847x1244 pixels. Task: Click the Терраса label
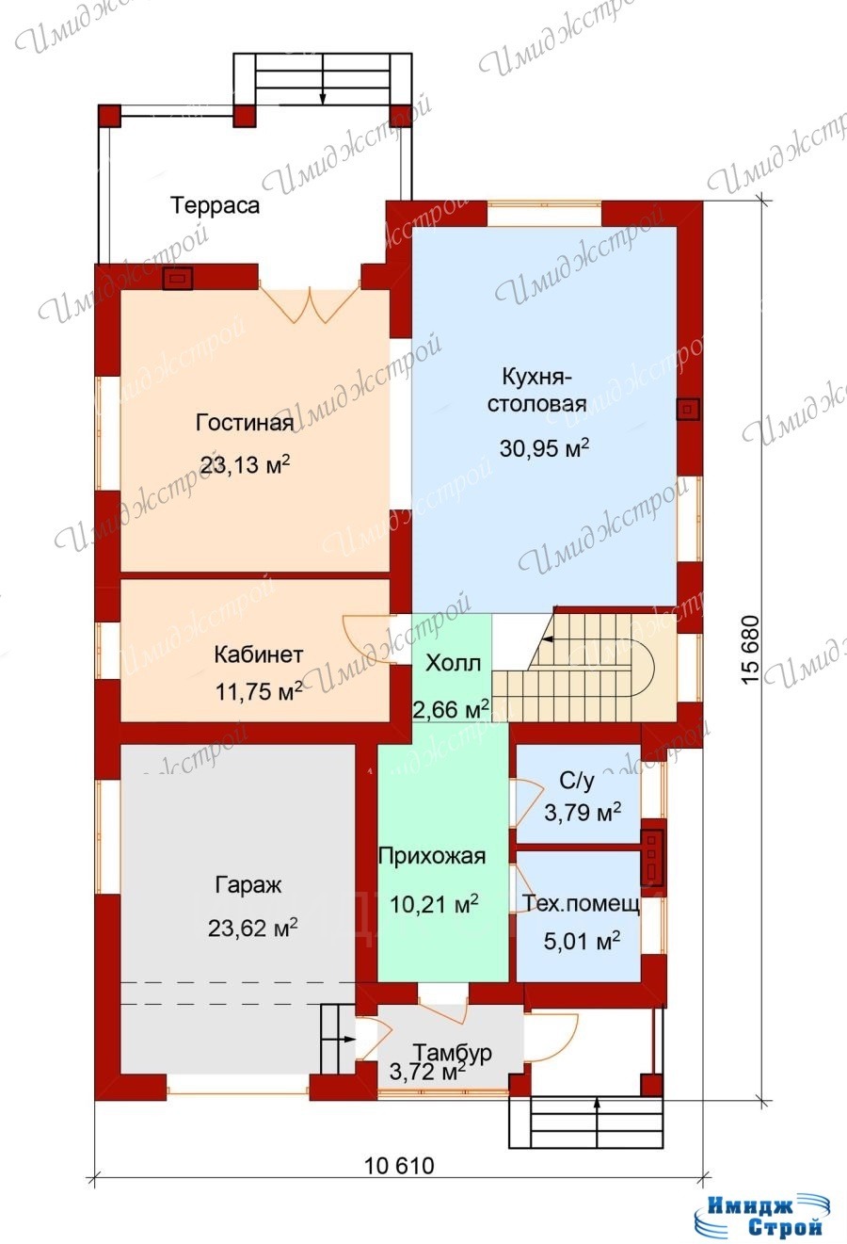click(215, 205)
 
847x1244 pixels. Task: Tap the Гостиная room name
click(245, 423)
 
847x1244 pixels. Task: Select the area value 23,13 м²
click(246, 464)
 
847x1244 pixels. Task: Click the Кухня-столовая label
click(536, 390)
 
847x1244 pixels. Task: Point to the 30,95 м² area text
click(544, 447)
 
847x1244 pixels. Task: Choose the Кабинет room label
click(259, 654)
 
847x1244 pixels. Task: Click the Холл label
click(453, 663)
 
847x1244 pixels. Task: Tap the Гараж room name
click(248, 884)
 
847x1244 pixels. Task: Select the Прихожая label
click(432, 856)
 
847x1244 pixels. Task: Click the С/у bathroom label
click(577, 781)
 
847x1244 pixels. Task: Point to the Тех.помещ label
click(581, 904)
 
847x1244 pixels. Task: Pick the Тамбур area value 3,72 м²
click(427, 1072)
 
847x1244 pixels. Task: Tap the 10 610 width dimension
click(400, 1165)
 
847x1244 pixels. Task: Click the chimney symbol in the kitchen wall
click(688, 410)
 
